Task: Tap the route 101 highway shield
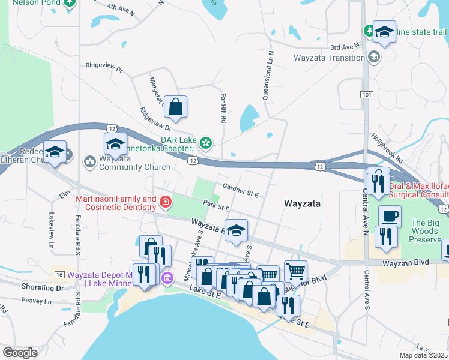(366, 95)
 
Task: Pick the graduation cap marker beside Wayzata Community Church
(115, 144)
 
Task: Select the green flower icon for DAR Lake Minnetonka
(206, 142)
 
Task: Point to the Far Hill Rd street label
(223, 108)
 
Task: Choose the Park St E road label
(217, 207)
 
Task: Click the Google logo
(20, 353)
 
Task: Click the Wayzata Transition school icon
(374, 58)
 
